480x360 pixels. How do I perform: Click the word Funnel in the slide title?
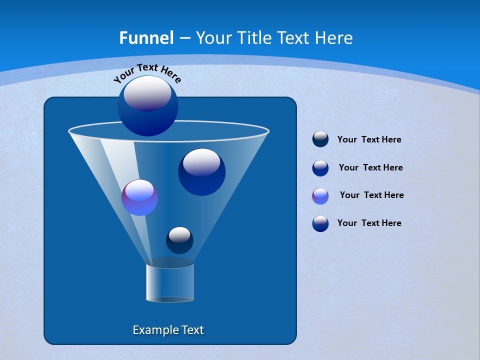pyautogui.click(x=146, y=38)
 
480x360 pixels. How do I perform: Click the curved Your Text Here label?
pyautogui.click(x=147, y=72)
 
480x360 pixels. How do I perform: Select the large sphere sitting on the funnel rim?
pyautogui.click(x=148, y=105)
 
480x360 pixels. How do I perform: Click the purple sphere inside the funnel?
pyautogui.click(x=139, y=197)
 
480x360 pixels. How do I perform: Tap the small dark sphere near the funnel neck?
pyautogui.click(x=179, y=240)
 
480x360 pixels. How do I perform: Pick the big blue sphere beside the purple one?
pyautogui.click(x=201, y=171)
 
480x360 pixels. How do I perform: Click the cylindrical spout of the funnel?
pyautogui.click(x=170, y=283)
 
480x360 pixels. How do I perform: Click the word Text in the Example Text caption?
pyautogui.click(x=192, y=330)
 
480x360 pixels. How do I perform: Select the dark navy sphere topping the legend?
pyautogui.click(x=320, y=139)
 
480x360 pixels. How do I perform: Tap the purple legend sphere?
pyautogui.click(x=320, y=196)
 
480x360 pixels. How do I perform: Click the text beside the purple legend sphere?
pyautogui.click(x=371, y=195)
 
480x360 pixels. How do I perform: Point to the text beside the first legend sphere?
pyautogui.click(x=369, y=139)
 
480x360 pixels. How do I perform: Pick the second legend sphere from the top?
pyautogui.click(x=320, y=168)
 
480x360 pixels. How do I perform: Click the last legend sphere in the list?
pyautogui.click(x=320, y=223)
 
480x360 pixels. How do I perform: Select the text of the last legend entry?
pyautogui.click(x=369, y=223)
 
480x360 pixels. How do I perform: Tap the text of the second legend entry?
pyautogui.click(x=370, y=167)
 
